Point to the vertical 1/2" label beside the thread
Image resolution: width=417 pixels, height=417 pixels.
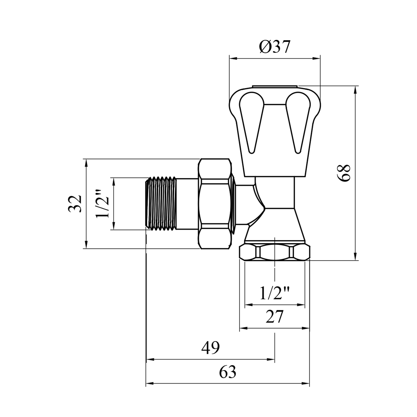pyautogui.click(x=102, y=204)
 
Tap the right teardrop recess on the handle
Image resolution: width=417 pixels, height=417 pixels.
pyautogui.click(x=298, y=123)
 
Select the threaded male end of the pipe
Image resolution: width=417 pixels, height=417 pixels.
pyautogui.click(x=161, y=204)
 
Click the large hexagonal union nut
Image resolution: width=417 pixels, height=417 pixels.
pyautogui.click(x=215, y=204)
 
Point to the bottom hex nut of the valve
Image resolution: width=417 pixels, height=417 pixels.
pyautogui.click(x=275, y=252)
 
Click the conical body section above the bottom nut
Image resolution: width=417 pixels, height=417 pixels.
pyautogui.click(x=275, y=225)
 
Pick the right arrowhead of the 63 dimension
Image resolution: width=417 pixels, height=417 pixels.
pyautogui.click(x=306, y=384)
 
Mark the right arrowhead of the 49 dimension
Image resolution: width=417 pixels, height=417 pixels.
pyautogui.click(x=271, y=359)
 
